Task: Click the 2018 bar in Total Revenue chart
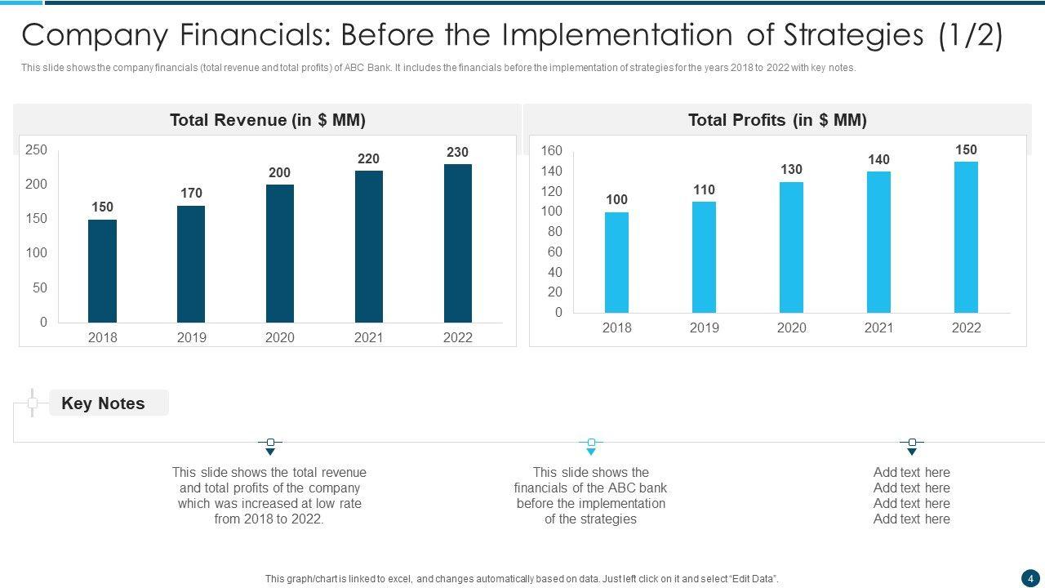click(x=102, y=270)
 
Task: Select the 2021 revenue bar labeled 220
click(x=369, y=246)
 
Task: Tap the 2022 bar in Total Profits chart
click(x=966, y=237)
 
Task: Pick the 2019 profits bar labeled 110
click(x=704, y=256)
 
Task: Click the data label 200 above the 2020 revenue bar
click(x=279, y=172)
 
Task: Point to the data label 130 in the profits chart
click(x=791, y=169)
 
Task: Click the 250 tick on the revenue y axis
click(x=37, y=149)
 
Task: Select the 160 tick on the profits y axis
click(x=552, y=150)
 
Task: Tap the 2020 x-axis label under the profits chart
click(x=791, y=327)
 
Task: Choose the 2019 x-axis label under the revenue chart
click(x=191, y=337)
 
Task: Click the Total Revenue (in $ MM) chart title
click(x=268, y=120)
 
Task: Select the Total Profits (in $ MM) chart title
click(x=777, y=120)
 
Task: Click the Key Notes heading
click(x=103, y=403)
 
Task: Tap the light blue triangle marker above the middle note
click(x=591, y=451)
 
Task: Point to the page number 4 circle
click(x=1030, y=578)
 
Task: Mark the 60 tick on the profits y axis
click(x=555, y=252)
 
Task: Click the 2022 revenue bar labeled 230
click(x=457, y=243)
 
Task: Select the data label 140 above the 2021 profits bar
click(x=878, y=159)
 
